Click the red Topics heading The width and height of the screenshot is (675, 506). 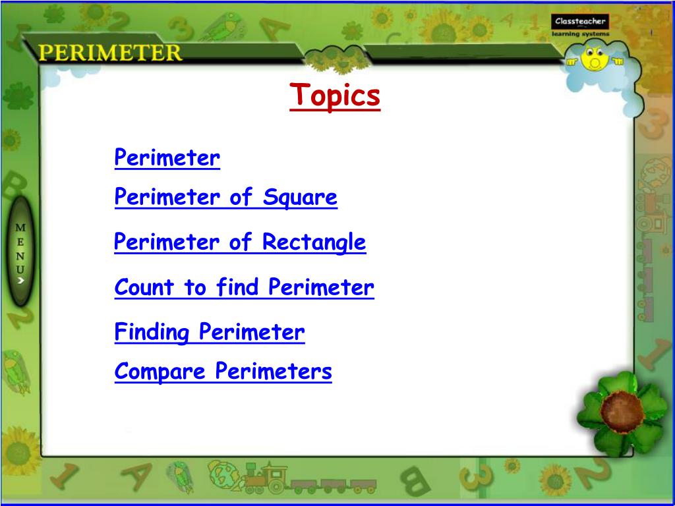[x=335, y=96]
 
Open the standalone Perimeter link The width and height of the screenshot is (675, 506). [x=167, y=158]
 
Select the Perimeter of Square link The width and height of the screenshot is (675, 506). [x=225, y=197]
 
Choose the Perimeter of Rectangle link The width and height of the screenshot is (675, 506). [x=240, y=242]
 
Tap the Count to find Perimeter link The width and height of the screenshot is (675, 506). [x=244, y=287]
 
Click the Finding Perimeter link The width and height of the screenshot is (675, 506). [x=210, y=331]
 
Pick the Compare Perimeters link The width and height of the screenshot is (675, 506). [x=223, y=372]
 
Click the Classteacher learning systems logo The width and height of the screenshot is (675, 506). [x=580, y=26]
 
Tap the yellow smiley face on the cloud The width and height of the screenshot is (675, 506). [x=595, y=59]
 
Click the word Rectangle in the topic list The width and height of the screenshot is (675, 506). [x=314, y=242]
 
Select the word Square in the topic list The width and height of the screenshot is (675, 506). [x=300, y=197]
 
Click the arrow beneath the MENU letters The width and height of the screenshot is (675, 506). [x=21, y=280]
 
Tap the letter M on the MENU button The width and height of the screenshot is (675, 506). [x=21, y=227]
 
